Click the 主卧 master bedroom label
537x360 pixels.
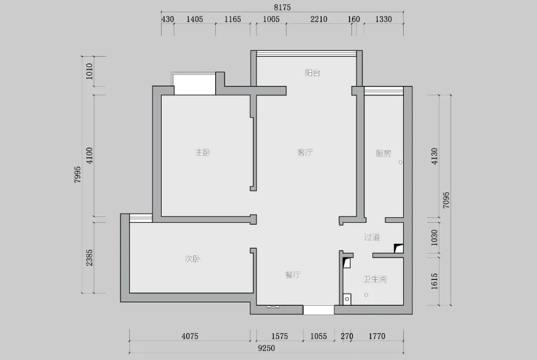pyautogui.click(x=203, y=153)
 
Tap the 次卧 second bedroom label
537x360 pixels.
pyautogui.click(x=192, y=259)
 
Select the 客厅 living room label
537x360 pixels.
pyautogui.click(x=305, y=153)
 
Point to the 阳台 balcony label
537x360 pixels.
pyautogui.click(x=313, y=73)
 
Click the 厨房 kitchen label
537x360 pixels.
pyautogui.click(x=383, y=153)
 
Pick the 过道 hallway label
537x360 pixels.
pyautogui.click(x=372, y=237)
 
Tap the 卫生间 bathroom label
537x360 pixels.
pyautogui.click(x=375, y=279)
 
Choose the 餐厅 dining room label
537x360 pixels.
pyautogui.click(x=293, y=274)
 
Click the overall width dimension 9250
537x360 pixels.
pyautogui.click(x=267, y=349)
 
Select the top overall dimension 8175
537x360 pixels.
pyautogui.click(x=282, y=7)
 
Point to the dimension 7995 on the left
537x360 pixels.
pyautogui.click(x=78, y=175)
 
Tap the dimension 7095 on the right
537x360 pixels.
pyautogui.click(x=446, y=200)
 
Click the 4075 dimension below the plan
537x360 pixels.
pyautogui.click(x=190, y=336)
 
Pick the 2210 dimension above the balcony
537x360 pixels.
pyautogui.click(x=319, y=19)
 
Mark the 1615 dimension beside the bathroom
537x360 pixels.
pyautogui.click(x=434, y=281)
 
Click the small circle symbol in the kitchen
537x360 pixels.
pyautogui.click(x=400, y=163)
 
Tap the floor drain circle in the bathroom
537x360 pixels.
pyautogui.click(x=366, y=295)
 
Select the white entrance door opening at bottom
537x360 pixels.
pyautogui.click(x=319, y=310)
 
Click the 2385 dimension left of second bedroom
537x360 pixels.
pyautogui.click(x=89, y=258)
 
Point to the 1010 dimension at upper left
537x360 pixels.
pyautogui.click(x=89, y=71)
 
